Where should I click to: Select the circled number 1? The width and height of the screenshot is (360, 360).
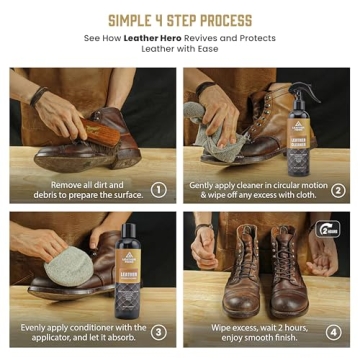pos(158,189)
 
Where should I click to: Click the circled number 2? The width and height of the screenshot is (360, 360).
pos(338,189)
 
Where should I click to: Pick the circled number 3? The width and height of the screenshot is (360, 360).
pos(158,331)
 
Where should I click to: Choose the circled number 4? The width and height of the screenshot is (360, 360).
pos(338,331)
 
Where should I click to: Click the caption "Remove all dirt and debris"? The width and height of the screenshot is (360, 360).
pos(84,189)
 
